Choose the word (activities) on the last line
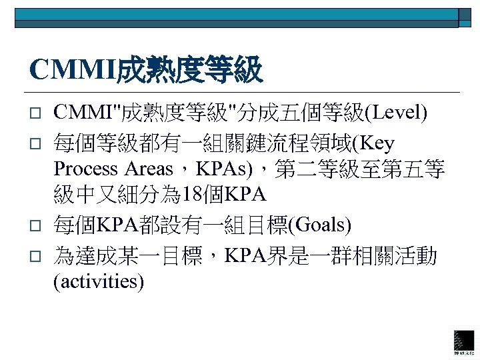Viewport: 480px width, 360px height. coord(98,281)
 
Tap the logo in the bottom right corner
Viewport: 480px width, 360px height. coord(464,341)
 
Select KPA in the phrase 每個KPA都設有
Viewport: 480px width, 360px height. coord(119,225)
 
